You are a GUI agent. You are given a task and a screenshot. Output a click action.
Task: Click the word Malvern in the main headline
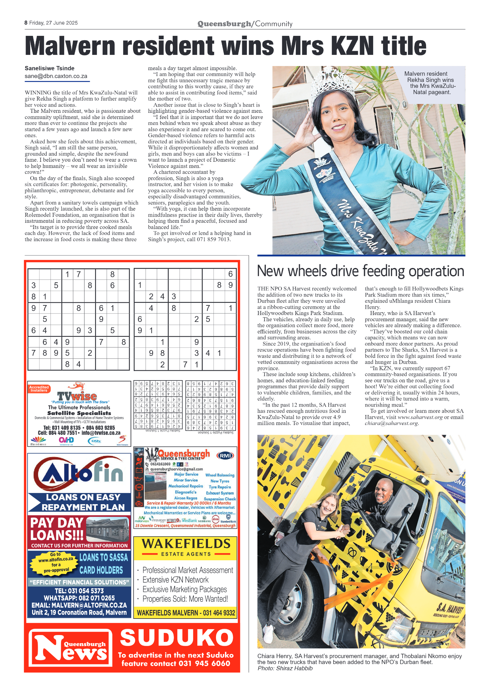tap(70, 46)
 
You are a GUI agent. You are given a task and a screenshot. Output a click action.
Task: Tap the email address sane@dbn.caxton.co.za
tap(56, 76)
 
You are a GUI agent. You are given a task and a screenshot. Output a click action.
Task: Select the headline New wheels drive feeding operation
tap(360, 271)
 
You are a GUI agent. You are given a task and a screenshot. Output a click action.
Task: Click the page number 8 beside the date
tap(26, 23)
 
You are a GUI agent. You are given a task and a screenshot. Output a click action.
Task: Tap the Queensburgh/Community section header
tap(245, 24)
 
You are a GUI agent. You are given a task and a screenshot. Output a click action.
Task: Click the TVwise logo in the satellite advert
tap(77, 396)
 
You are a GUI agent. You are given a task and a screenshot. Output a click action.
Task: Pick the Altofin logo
tap(79, 474)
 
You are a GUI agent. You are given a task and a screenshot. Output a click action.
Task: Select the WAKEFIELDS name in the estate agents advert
tap(186, 544)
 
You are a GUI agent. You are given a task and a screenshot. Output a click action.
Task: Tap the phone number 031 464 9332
tap(219, 613)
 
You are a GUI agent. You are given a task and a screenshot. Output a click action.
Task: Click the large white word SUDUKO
tap(177, 638)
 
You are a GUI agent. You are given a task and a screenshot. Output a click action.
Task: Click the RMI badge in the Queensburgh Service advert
tap(225, 456)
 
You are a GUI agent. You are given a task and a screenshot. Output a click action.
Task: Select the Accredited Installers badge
tap(39, 389)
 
